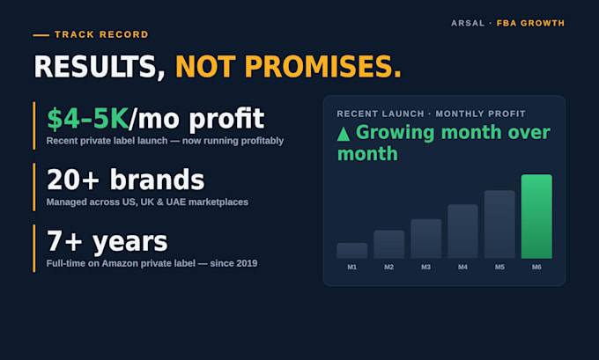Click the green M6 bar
pyautogui.click(x=536, y=217)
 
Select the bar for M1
pyautogui.click(x=351, y=251)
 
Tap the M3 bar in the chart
pyautogui.click(x=426, y=239)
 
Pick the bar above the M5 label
pyautogui.click(x=499, y=224)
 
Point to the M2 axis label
pyautogui.click(x=388, y=268)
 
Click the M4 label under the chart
pyautogui.click(x=462, y=268)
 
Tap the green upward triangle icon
pyautogui.click(x=344, y=134)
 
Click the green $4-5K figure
pyautogui.click(x=87, y=119)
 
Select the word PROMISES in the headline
pyautogui.click(x=322, y=67)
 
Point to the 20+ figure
pyautogui.click(x=73, y=180)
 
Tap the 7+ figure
pyautogui.click(x=64, y=241)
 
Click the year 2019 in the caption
pyautogui.click(x=247, y=263)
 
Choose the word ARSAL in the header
pyautogui.click(x=468, y=23)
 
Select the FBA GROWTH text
pyautogui.click(x=530, y=23)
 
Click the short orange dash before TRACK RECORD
pyautogui.click(x=41, y=35)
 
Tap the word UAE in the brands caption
pyautogui.click(x=175, y=202)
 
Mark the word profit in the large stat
pyautogui.click(x=226, y=120)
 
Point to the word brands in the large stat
pyautogui.click(x=158, y=180)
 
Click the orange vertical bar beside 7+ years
pyautogui.click(x=34, y=248)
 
